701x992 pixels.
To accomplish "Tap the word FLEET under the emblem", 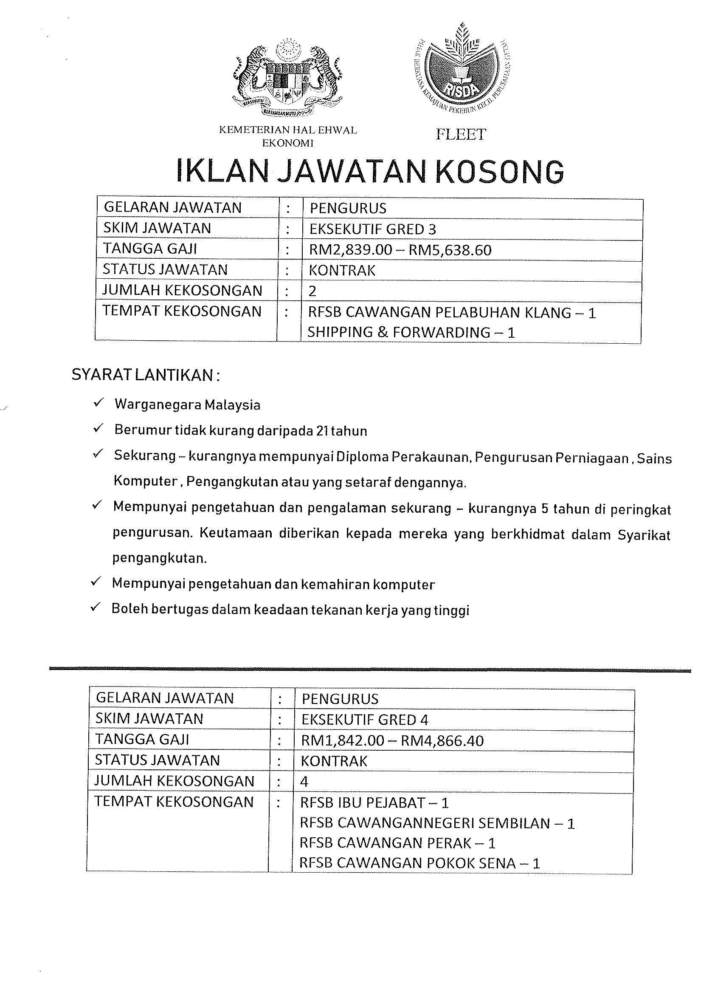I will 461,134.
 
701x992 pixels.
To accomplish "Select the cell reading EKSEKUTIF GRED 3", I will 373,229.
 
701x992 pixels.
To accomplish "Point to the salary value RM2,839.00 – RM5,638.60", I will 400,250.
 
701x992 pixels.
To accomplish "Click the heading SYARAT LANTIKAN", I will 146,375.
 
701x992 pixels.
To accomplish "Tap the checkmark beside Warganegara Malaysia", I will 98,404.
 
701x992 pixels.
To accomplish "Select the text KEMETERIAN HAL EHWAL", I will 288,130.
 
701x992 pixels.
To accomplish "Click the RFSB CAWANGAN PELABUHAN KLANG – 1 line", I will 452,312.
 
